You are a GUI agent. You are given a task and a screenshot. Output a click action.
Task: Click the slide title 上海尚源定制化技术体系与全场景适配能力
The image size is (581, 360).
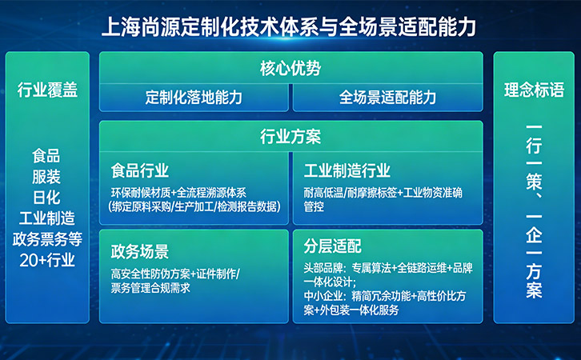[x=290, y=27]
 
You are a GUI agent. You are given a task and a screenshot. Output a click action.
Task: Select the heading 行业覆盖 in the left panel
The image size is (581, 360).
[x=47, y=89]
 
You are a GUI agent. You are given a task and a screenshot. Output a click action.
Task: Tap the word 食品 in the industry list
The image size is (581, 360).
[x=46, y=155]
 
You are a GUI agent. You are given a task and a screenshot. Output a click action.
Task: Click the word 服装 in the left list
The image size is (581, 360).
[x=46, y=176]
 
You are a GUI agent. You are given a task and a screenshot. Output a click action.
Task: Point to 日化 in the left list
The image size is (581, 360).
[x=46, y=197]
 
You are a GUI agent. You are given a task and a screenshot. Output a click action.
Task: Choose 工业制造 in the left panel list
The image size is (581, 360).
[x=46, y=218]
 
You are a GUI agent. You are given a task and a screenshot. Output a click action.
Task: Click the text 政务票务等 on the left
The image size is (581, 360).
[x=46, y=238]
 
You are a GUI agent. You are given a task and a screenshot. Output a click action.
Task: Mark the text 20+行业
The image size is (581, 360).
[x=46, y=259]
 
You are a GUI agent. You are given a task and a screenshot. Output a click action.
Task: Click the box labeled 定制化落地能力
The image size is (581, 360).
[x=194, y=98]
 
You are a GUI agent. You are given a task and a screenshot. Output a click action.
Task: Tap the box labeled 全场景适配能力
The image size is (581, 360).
[x=387, y=98]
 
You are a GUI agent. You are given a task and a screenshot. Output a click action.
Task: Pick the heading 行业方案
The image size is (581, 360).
[x=290, y=137]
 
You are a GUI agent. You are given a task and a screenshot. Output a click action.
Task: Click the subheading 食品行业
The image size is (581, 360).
[x=140, y=171]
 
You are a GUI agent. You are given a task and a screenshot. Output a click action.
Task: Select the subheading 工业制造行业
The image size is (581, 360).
[x=347, y=171]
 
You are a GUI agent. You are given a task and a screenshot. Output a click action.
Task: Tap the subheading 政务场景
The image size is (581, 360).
[x=140, y=252]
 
